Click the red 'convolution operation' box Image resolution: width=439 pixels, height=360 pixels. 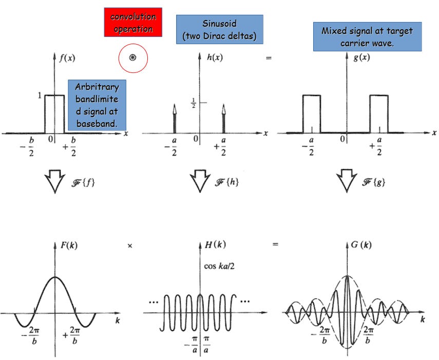click(x=133, y=23)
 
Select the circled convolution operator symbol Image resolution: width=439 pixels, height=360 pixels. click(x=133, y=59)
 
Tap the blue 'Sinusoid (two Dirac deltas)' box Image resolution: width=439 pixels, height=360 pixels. click(x=219, y=29)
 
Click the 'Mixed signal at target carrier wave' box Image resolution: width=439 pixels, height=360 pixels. click(x=367, y=36)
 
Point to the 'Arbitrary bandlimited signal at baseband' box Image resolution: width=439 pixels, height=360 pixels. click(x=97, y=105)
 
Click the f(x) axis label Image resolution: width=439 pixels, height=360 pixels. click(x=66, y=58)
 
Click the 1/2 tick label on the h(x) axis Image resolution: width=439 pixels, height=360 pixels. click(x=193, y=103)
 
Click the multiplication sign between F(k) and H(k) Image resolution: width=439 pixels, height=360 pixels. click(x=130, y=246)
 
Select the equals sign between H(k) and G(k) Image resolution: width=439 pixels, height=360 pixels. click(x=276, y=245)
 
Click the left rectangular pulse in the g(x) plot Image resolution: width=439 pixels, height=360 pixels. click(x=311, y=113)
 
